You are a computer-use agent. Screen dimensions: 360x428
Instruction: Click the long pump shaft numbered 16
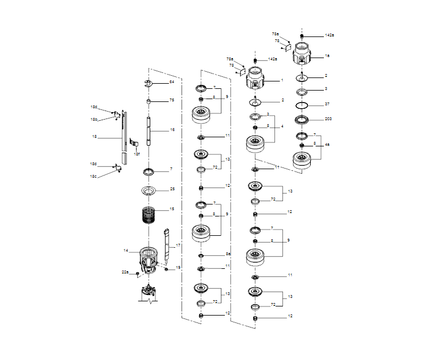coord(149,132)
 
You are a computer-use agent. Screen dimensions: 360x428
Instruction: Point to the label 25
coord(172,189)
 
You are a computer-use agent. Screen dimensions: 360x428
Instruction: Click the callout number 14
coord(126,251)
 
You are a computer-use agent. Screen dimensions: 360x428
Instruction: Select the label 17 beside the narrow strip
coord(178,246)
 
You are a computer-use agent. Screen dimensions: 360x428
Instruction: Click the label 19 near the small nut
coord(178,267)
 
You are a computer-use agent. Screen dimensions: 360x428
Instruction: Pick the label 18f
coord(137,154)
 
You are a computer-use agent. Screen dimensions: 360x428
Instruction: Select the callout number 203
coord(328,119)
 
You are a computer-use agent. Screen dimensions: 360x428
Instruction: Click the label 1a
coord(327,56)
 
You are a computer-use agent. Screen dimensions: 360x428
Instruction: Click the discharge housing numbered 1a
coord(302,55)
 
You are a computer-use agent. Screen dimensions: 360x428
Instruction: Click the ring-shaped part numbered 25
coord(148,190)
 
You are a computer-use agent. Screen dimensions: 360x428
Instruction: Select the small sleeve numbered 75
coord(148,101)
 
